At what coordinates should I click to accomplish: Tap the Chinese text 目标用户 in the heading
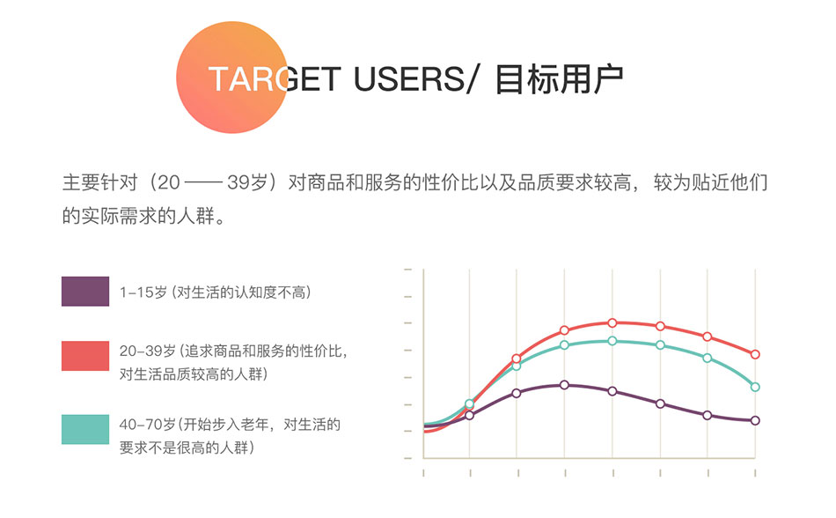[559, 79]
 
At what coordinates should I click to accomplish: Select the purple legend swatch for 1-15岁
[85, 292]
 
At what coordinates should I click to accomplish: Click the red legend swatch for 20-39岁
[85, 356]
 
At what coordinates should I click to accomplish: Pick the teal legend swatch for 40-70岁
[85, 429]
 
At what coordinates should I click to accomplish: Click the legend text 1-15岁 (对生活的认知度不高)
[215, 292]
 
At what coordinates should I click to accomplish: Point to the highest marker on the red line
[612, 322]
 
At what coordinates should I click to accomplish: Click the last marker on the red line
[755, 354]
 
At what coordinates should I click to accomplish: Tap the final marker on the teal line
[755, 387]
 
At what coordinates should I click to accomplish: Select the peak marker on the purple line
[565, 385]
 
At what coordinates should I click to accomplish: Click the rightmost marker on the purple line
[755, 420]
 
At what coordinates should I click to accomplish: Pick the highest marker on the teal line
[612, 340]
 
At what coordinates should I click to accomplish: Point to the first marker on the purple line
[470, 415]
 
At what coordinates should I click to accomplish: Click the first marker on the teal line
[470, 404]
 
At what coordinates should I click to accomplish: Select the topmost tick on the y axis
[407, 270]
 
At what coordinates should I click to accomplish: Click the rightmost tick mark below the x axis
[755, 474]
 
